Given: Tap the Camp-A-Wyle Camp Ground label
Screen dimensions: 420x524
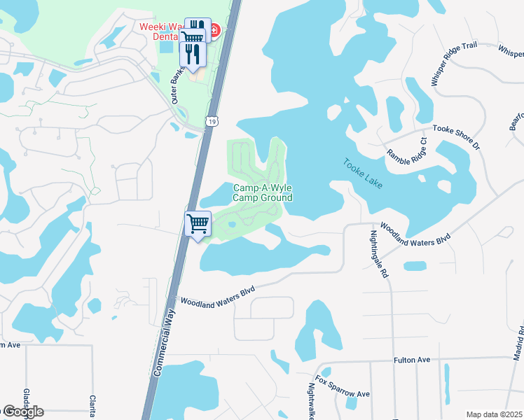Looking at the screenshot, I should pos(262,192).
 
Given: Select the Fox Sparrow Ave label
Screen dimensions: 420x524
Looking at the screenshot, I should pos(342,388).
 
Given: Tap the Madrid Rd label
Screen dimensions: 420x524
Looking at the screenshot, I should pos(518,343).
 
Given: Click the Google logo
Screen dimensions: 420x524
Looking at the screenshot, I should pos(22,412).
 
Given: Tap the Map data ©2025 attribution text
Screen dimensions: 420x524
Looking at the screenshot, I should pos(494,414).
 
